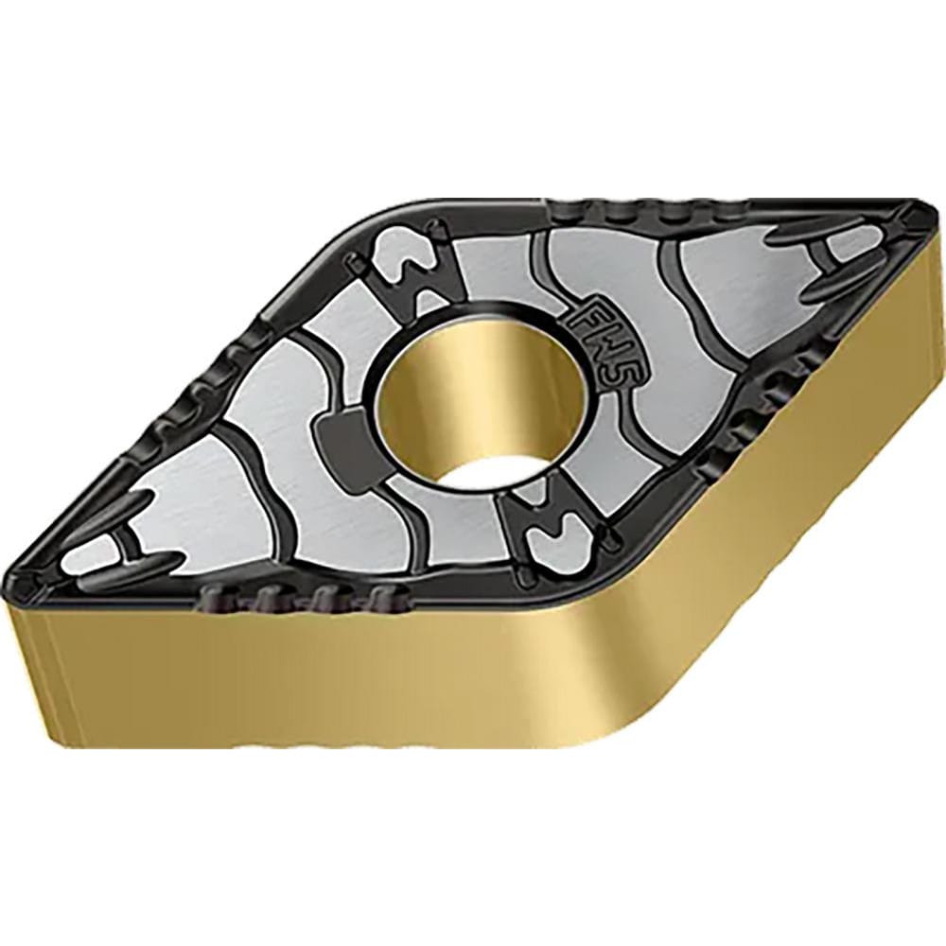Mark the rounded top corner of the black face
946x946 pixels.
click(397, 213)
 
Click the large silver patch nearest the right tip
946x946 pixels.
click(747, 284)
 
